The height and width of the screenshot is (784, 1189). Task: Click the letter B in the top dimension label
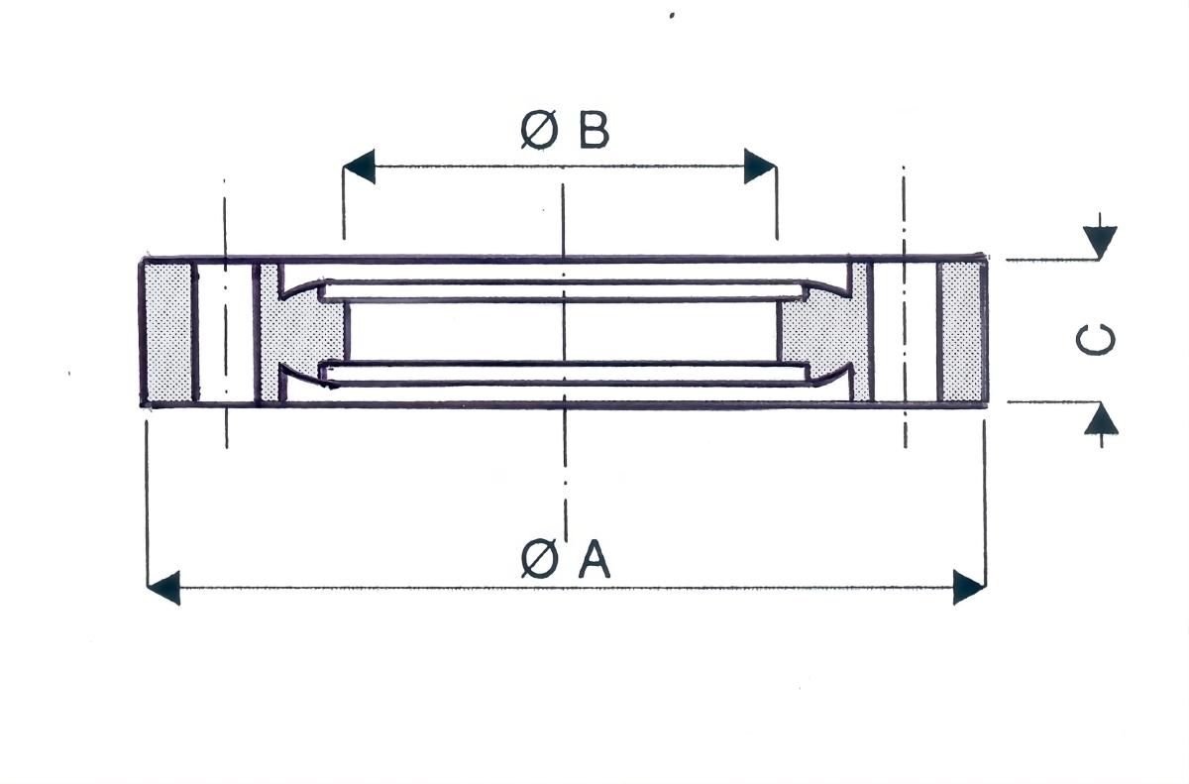point(594,131)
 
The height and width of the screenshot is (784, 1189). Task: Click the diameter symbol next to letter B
point(539,131)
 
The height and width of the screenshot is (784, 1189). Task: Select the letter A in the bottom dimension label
point(594,559)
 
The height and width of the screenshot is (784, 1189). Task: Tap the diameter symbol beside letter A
point(539,558)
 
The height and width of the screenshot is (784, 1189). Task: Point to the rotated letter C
point(1096,340)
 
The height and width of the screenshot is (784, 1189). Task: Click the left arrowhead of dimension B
point(360,167)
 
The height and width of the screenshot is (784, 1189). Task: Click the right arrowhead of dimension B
point(760,167)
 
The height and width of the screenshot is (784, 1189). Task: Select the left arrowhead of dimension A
point(163,588)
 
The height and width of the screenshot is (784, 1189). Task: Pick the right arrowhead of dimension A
point(969,587)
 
